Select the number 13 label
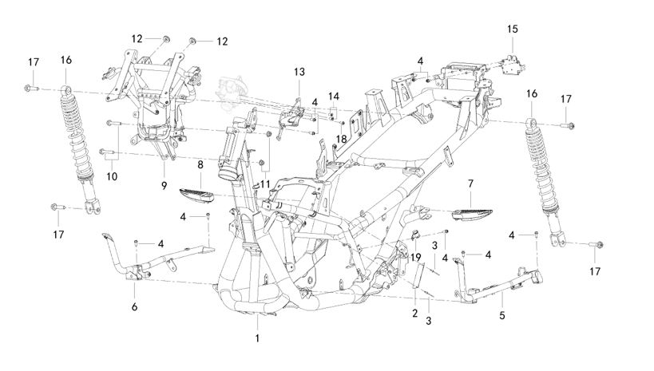click(x=299, y=72)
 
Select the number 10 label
click(x=111, y=175)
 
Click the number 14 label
click(x=333, y=96)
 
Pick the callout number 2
click(x=414, y=313)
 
